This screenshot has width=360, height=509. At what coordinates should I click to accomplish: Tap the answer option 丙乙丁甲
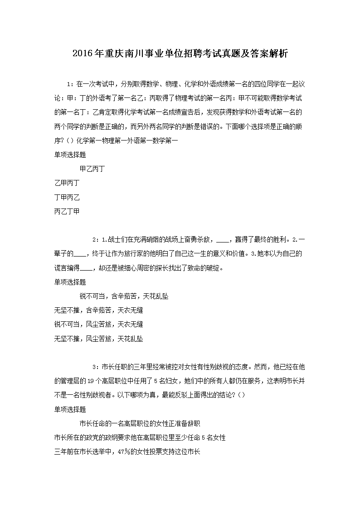[67, 211]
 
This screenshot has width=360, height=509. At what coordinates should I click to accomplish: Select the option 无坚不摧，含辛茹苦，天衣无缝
[98, 310]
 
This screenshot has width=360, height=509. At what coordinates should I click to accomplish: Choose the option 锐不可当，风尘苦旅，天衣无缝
[98, 324]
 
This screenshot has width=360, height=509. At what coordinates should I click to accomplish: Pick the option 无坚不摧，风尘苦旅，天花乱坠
[98, 338]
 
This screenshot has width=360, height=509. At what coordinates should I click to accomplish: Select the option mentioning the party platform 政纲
[140, 437]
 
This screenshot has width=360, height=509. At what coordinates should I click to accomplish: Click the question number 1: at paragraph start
[69, 84]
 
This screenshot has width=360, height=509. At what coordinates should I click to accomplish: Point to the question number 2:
[95, 240]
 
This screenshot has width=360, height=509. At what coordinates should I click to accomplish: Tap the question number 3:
[95, 367]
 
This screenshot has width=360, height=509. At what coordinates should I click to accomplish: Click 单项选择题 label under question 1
[70, 155]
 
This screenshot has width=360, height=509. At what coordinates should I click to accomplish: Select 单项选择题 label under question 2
[70, 282]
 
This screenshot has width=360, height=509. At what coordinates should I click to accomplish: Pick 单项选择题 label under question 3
[70, 409]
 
